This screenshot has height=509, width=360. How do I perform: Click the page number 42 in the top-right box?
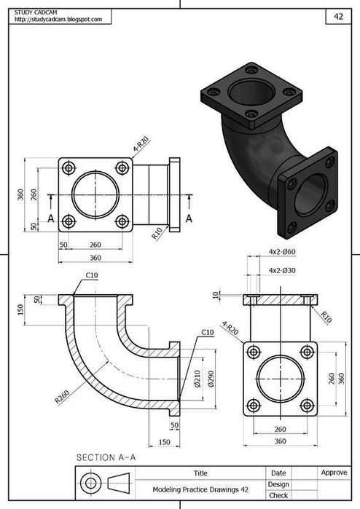coord(338,15)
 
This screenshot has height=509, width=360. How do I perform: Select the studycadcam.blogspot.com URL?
coord(52,20)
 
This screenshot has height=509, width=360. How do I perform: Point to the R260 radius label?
coord(61,398)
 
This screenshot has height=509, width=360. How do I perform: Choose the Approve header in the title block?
coord(334,473)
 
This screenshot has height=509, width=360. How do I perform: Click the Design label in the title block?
coord(278,484)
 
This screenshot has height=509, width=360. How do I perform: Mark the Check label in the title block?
coord(278,495)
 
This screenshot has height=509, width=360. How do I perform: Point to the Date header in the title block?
coord(278,473)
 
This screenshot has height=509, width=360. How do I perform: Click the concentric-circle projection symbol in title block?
coord(90,483)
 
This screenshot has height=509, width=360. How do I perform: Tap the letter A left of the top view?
coord(50,218)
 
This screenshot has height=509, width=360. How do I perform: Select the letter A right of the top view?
coord(189,218)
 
